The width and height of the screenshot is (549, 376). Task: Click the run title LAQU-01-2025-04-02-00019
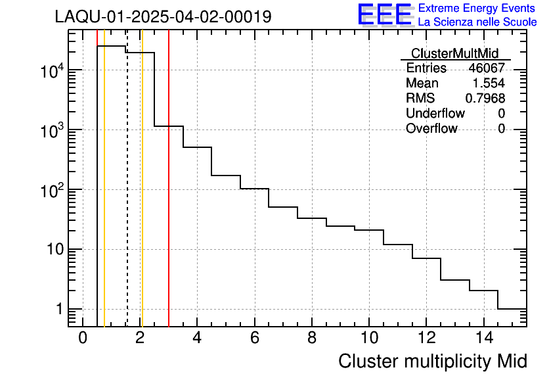[x=163, y=17]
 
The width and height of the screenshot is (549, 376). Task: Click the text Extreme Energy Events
[x=477, y=9]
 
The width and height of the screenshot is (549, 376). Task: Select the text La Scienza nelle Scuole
[x=477, y=22]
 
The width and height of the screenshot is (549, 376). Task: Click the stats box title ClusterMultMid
[x=454, y=53]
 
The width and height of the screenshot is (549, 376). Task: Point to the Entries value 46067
[x=487, y=68]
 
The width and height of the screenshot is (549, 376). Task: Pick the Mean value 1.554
[x=489, y=83]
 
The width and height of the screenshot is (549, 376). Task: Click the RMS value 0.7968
[x=485, y=99]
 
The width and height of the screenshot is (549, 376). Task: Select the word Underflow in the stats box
[x=435, y=114]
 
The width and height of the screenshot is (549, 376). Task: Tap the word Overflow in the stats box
[x=431, y=129]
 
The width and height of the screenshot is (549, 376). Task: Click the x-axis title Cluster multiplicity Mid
[x=432, y=361]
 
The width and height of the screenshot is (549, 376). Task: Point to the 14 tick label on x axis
[x=483, y=339]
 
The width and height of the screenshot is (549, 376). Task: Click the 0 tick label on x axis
[x=83, y=339]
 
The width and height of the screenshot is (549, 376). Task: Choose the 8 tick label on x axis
[x=312, y=339]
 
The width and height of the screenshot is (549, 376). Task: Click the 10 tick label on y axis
[x=52, y=250]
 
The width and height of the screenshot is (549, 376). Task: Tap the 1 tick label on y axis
[x=60, y=310]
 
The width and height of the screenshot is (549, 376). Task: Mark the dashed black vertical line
[x=127, y=197]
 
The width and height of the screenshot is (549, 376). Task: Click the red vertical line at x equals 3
[x=169, y=197]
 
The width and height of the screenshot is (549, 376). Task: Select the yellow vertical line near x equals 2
[x=142, y=197]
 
